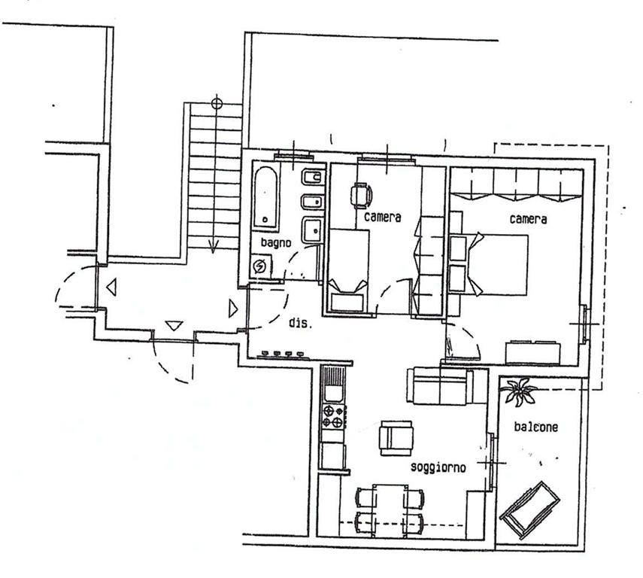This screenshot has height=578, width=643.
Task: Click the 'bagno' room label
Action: tap(276, 242)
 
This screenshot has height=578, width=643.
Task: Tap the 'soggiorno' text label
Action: tap(438, 467)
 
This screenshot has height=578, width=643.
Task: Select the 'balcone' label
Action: tap(536, 427)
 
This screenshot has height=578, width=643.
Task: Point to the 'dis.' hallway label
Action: tap(301, 323)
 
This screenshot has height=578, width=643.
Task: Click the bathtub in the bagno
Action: tap(265, 197)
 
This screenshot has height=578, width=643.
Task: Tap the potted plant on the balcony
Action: tap(520, 391)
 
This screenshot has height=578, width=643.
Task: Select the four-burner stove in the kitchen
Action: tap(333, 416)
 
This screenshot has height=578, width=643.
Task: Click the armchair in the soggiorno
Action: tap(396, 438)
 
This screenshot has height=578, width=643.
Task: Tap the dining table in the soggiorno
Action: tap(390, 511)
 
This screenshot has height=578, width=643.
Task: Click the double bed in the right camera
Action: tap(497, 264)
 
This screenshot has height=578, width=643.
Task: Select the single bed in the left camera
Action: tap(348, 270)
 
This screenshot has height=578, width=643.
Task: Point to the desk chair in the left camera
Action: tap(361, 196)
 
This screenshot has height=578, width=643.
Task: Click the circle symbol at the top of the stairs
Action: tap(217, 103)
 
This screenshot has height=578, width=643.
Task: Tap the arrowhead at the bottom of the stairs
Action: tap(214, 246)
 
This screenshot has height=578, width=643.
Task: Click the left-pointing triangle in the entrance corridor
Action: tap(111, 287)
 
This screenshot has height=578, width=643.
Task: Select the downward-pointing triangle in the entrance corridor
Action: tap(174, 326)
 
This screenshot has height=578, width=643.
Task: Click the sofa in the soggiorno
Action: tap(441, 386)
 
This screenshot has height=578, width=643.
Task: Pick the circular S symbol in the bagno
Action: tap(259, 267)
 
